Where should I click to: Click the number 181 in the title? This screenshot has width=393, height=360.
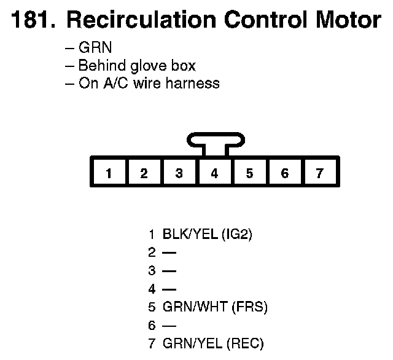click(29, 20)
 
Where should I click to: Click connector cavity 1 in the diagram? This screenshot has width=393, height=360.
click(108, 173)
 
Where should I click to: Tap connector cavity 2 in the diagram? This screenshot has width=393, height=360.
click(144, 173)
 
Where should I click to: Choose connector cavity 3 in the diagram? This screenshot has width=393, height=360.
click(179, 173)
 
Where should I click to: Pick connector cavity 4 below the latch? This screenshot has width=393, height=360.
click(214, 173)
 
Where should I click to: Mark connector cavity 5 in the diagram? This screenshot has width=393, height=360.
click(249, 173)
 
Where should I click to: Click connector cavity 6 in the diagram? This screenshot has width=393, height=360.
click(284, 173)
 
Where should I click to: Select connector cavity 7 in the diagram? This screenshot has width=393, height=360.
click(319, 173)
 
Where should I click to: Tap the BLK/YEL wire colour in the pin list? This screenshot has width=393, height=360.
click(190, 234)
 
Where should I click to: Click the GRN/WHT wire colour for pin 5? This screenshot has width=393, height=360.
click(193, 306)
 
